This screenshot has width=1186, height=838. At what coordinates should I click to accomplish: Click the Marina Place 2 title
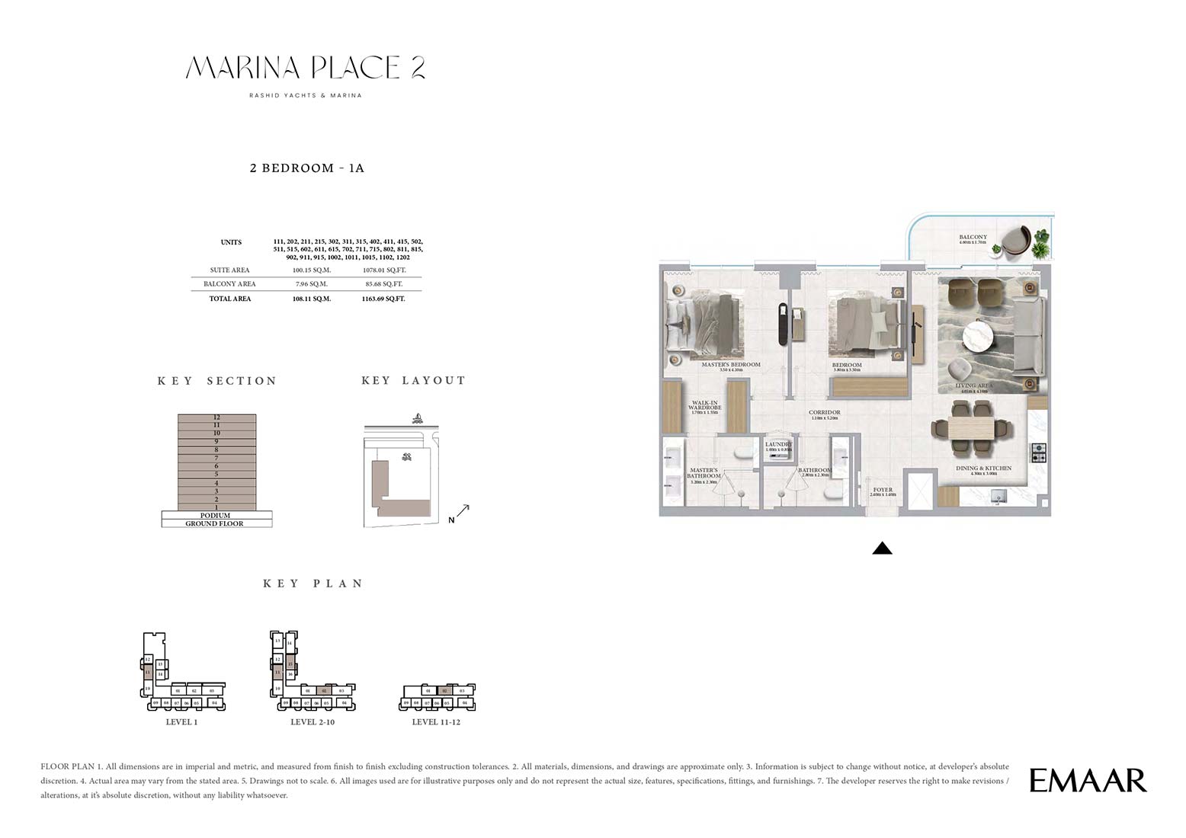(305, 69)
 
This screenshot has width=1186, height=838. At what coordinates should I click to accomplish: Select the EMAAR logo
(1088, 780)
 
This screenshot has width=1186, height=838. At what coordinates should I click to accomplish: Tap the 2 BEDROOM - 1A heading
(307, 168)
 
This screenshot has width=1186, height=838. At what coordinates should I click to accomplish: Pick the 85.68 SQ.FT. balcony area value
(385, 284)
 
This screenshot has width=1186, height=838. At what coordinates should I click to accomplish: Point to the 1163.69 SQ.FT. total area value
(383, 299)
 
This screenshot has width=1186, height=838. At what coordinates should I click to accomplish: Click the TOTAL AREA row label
(230, 299)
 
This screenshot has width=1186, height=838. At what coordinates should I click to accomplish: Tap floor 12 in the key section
(216, 417)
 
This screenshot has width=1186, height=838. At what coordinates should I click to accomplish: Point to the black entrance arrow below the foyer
(882, 548)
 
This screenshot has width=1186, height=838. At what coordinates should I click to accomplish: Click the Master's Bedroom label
(730, 365)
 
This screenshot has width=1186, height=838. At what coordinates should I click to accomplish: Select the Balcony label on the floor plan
(973, 238)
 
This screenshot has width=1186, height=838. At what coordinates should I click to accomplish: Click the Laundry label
(778, 445)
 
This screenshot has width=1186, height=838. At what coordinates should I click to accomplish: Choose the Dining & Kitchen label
(983, 469)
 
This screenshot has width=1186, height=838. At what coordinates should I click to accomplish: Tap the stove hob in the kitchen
(1038, 453)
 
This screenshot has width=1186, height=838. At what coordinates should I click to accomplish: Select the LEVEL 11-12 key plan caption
(436, 722)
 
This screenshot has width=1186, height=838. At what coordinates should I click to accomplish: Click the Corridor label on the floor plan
(824, 413)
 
